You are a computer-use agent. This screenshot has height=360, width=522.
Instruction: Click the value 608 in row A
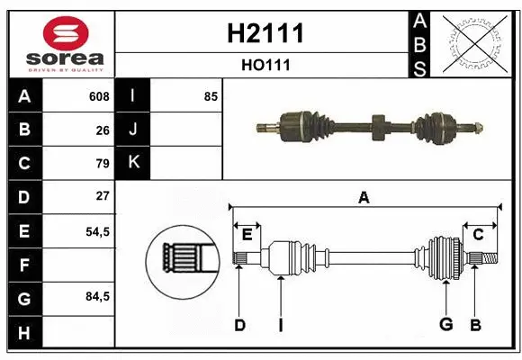[x=99, y=96]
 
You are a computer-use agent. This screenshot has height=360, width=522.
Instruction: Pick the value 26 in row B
[x=103, y=130]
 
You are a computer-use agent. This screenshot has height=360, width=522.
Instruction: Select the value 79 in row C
[x=103, y=164]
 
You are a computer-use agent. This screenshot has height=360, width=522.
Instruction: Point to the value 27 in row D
[x=103, y=196]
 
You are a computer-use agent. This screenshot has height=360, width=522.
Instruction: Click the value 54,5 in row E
[x=97, y=231]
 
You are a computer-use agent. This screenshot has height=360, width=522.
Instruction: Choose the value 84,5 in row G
[x=97, y=296]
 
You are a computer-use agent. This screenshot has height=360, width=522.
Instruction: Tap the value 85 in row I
[x=211, y=96]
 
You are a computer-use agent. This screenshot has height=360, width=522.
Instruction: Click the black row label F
[x=23, y=265]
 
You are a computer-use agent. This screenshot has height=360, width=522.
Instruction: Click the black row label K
[x=133, y=163]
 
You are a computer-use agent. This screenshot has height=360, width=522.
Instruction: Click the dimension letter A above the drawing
[x=364, y=197]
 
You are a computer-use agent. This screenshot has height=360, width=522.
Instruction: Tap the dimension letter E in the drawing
[x=247, y=235]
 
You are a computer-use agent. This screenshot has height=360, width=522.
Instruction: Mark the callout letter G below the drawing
[x=445, y=324]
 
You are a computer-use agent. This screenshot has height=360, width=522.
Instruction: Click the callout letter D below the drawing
[x=239, y=324]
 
